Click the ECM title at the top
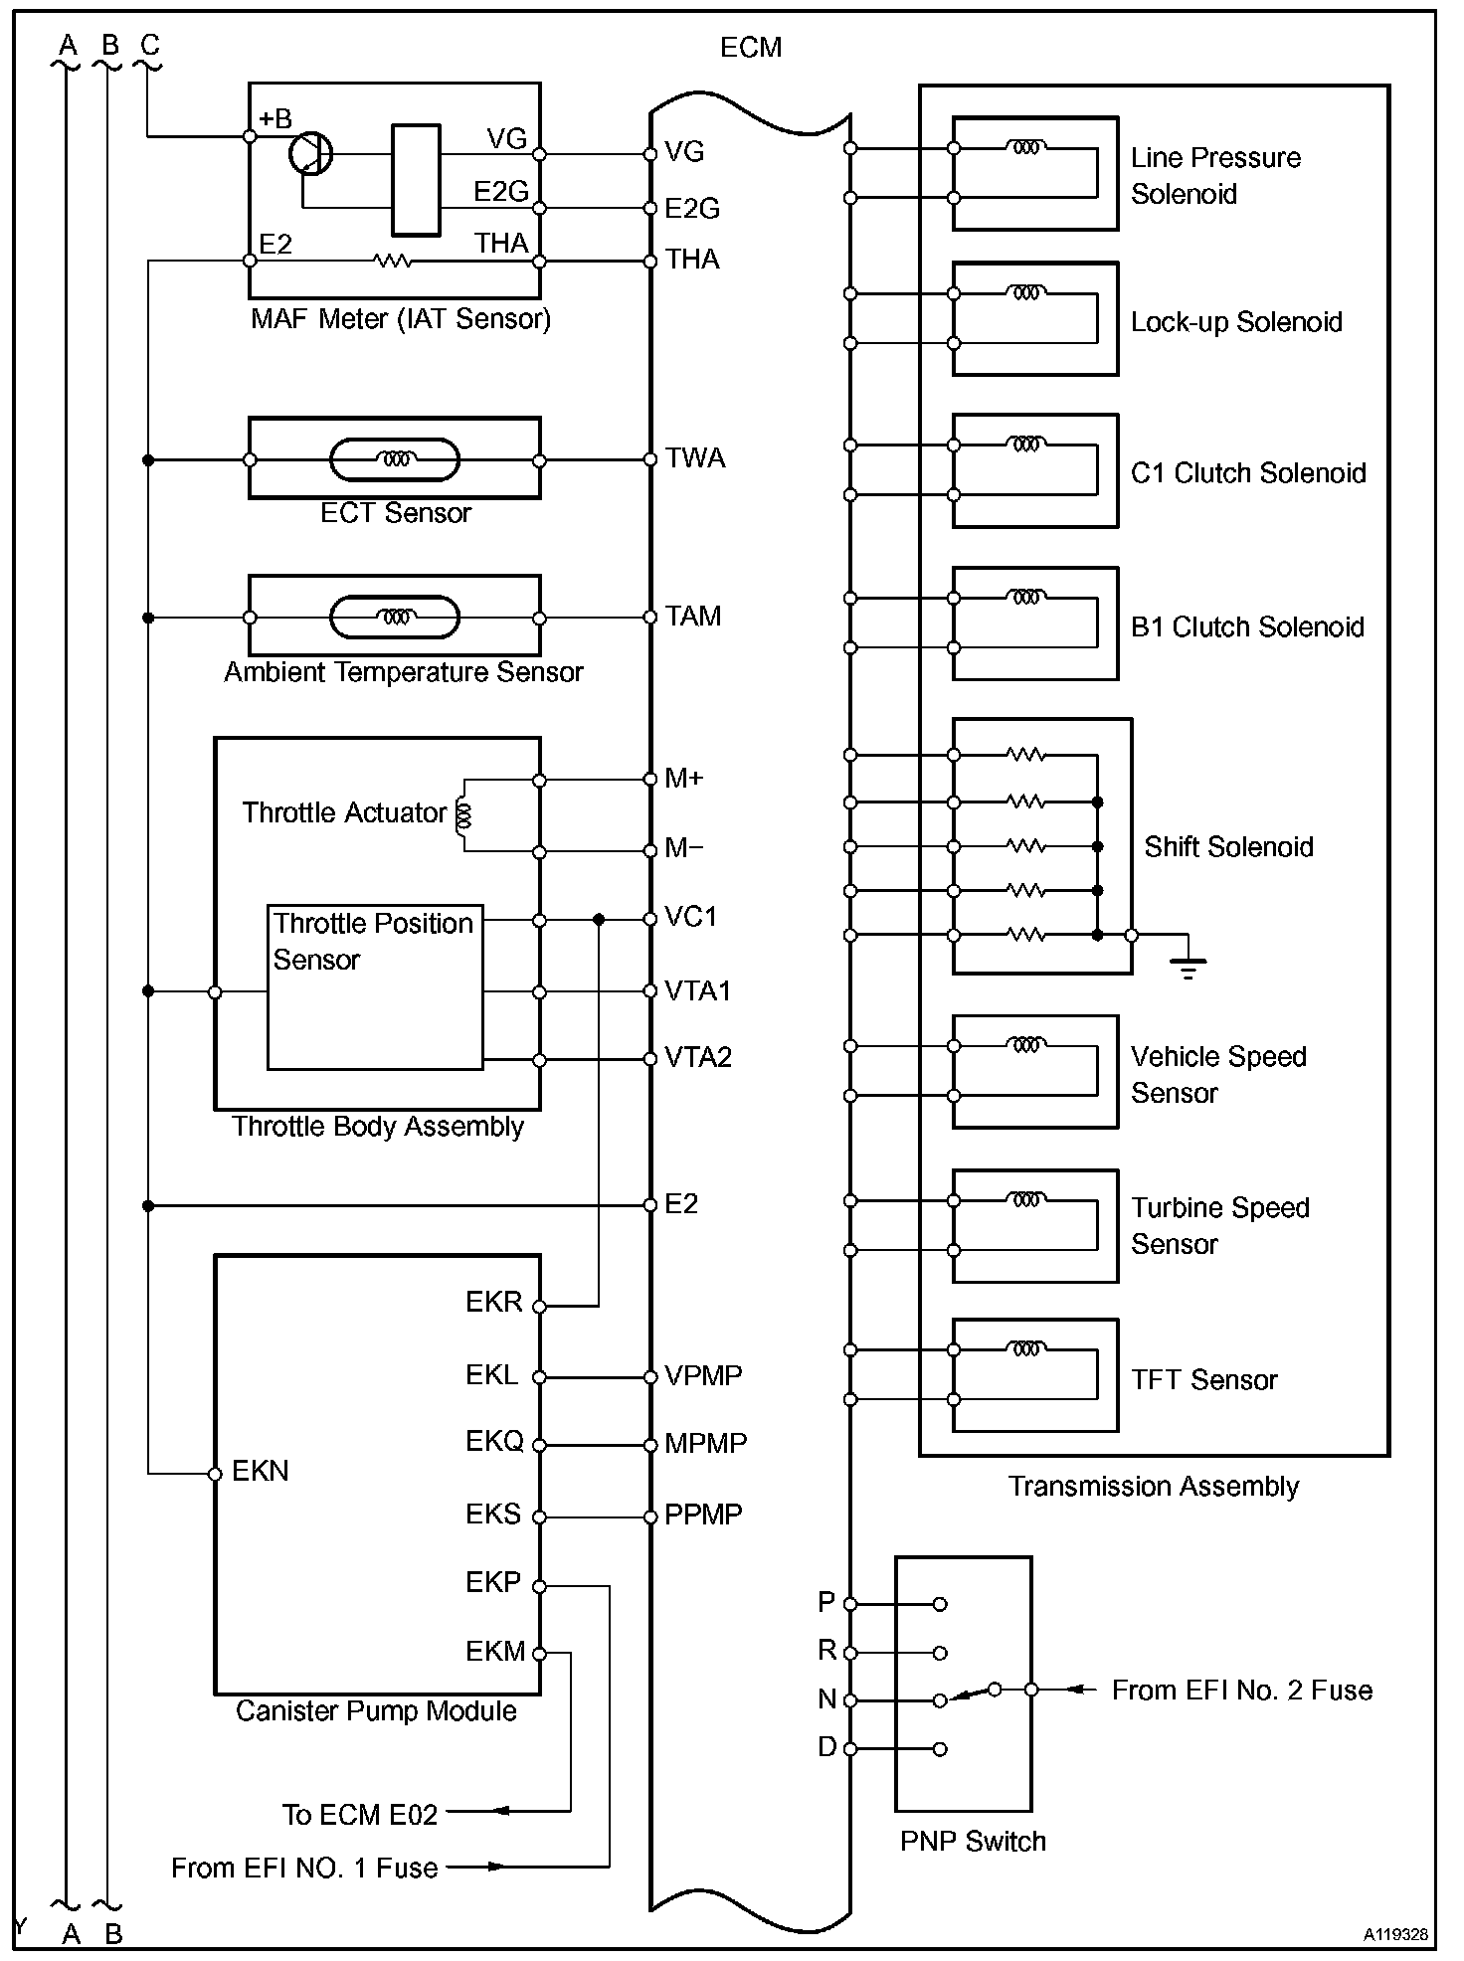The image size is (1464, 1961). [x=751, y=48]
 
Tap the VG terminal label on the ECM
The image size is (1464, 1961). [x=684, y=151]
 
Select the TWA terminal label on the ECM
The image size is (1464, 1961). [x=695, y=457]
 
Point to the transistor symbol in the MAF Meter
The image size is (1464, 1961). [x=310, y=154]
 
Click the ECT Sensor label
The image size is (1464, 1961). [x=396, y=513]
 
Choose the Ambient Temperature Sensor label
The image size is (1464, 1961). [x=404, y=672]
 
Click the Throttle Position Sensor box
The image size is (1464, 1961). [x=375, y=986]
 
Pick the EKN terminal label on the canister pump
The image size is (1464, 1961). [x=260, y=1471]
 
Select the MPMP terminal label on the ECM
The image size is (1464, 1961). [x=705, y=1443]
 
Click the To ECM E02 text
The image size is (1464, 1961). [x=360, y=1815]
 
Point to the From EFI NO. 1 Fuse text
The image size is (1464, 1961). [x=304, y=1868]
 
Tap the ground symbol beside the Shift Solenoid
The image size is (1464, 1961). [x=1188, y=965]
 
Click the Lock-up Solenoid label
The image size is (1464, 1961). [x=1236, y=322]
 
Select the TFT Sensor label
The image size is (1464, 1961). [x=1203, y=1379]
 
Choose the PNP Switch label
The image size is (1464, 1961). [x=973, y=1841]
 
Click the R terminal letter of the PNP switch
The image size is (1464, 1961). [x=826, y=1650]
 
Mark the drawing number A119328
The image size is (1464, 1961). [x=1395, y=1934]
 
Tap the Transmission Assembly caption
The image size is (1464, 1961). [x=1154, y=1486]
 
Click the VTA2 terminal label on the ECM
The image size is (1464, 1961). [x=698, y=1057]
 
